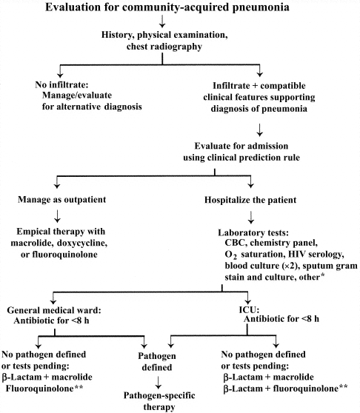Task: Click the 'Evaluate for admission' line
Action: [214, 146]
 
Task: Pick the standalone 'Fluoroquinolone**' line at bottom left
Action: [43, 366]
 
